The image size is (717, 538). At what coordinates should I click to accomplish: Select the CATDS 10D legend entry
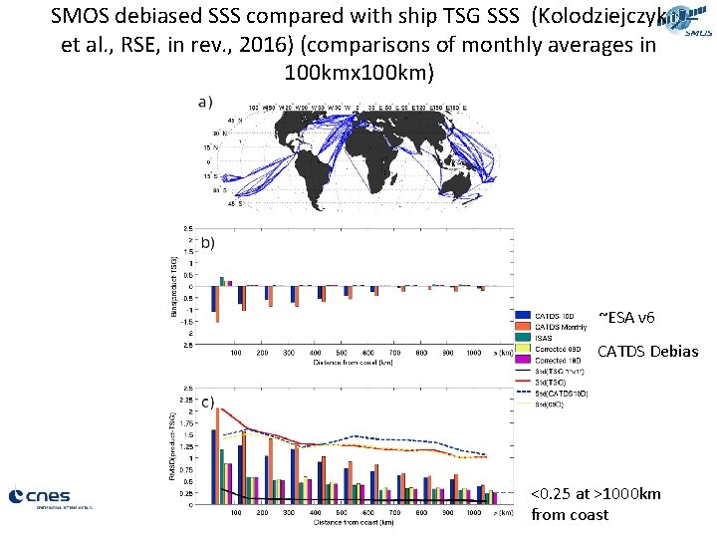click(x=553, y=317)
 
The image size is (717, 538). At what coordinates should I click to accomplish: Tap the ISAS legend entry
click(x=546, y=339)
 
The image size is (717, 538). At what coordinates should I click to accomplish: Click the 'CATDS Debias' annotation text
click(x=647, y=351)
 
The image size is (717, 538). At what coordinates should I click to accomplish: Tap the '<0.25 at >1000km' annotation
click(x=596, y=495)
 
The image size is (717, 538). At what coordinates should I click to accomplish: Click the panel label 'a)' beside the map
click(x=206, y=101)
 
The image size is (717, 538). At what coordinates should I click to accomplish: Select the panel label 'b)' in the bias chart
click(x=208, y=242)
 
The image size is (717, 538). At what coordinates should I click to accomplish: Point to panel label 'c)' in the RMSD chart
click(x=208, y=403)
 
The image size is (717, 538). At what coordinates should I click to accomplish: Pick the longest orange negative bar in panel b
click(x=217, y=305)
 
